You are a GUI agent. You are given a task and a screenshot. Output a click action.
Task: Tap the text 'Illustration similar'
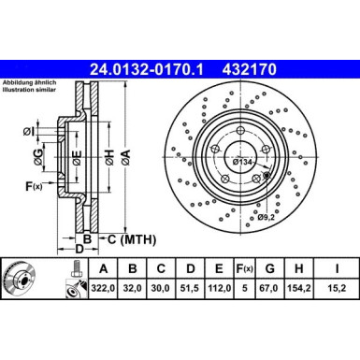click(x=32, y=93)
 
